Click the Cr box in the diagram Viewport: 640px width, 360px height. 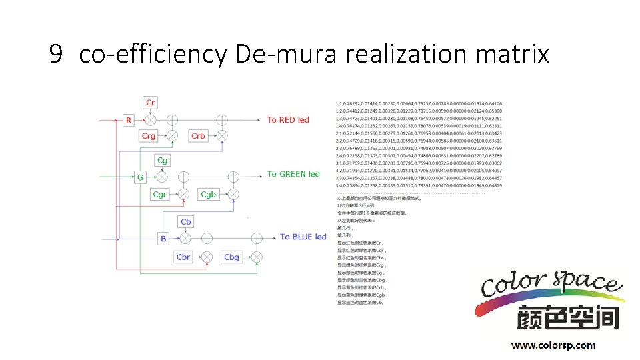[151, 103]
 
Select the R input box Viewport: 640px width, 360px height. [129, 120]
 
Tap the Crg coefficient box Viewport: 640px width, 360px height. [148, 136]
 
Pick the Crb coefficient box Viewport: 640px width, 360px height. [198, 136]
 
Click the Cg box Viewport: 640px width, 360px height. [163, 161]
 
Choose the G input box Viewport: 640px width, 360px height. [140, 178]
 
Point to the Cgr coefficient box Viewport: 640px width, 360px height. [159, 195]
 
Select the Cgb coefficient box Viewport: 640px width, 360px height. [208, 195]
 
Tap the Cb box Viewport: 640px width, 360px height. [186, 222]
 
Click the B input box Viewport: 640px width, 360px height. [163, 238]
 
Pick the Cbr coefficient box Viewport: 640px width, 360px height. [183, 257]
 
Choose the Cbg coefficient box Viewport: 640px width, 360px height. [231, 257]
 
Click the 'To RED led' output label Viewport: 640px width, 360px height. [288, 120]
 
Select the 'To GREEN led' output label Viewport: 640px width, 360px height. [293, 174]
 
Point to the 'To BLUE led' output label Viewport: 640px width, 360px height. [303, 237]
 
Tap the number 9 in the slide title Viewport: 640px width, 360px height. [56, 53]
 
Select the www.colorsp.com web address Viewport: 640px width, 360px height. [553, 345]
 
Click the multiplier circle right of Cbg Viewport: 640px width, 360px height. [255, 257]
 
